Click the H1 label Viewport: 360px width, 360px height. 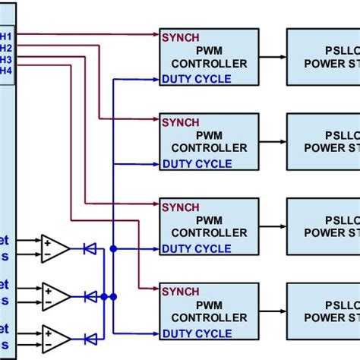coord(6,35)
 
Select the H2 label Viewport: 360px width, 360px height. coord(6,47)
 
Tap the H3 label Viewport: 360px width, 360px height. coord(6,59)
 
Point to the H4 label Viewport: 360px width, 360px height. coord(6,71)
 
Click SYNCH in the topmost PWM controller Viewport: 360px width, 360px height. coord(180,36)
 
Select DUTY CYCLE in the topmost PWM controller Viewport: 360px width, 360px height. coord(196,78)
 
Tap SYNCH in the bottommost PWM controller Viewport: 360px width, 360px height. coord(180,292)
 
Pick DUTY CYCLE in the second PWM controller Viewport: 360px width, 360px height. coord(196,163)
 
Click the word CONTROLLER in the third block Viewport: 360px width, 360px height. coord(209,233)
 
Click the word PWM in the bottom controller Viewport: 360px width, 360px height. coord(209,305)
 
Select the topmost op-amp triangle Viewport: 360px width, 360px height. coord(55,248)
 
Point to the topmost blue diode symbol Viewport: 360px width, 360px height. coord(90,248)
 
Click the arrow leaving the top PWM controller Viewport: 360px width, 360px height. coord(272,57)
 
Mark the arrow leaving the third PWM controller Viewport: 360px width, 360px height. coord(272,227)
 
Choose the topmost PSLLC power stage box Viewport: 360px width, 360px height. coord(323,57)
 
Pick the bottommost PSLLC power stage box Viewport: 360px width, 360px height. coord(323,311)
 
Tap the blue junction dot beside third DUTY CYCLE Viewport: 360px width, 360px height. coord(113,248)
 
